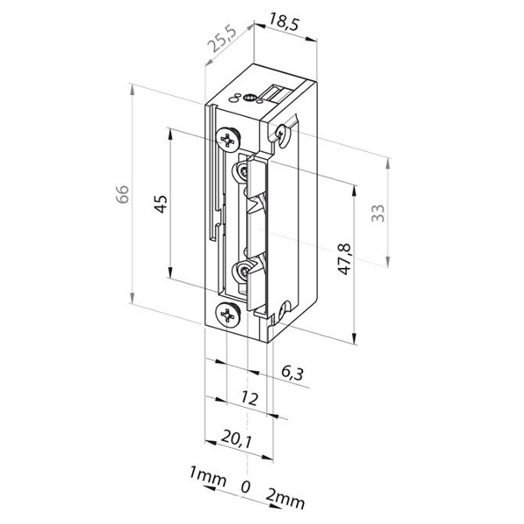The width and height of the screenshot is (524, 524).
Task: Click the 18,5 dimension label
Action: coord(283,23)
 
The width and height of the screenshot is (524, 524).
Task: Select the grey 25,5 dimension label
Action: coord(222,39)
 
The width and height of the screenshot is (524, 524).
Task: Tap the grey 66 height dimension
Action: coord(122,194)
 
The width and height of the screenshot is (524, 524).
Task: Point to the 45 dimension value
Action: coord(161,203)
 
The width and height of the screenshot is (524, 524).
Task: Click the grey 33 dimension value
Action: coord(378,213)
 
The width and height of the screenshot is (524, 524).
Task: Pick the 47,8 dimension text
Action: coord(344,259)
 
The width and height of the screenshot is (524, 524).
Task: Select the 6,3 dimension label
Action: coord(293,373)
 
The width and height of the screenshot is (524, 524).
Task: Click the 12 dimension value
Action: coord(249,398)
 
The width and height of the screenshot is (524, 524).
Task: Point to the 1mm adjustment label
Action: coord(208,476)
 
